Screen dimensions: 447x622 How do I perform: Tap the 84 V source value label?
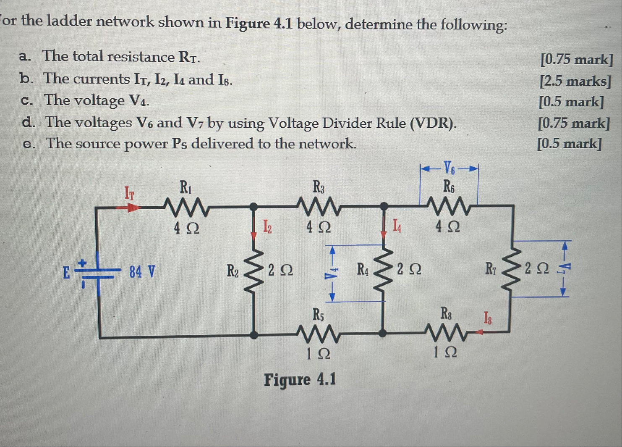point(142,272)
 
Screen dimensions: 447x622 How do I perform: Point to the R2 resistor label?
point(233,271)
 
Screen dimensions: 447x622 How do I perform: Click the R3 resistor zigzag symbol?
point(319,205)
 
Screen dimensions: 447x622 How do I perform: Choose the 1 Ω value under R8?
point(445,352)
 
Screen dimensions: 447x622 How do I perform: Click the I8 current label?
point(487,318)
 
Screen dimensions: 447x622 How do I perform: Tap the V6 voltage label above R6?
point(449,168)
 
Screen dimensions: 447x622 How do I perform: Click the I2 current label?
point(267,226)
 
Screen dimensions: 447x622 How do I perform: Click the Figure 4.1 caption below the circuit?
point(300,380)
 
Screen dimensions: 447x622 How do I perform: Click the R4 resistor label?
point(363,269)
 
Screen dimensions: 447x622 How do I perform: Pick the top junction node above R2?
point(254,207)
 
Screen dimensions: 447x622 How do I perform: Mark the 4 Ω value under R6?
point(447,227)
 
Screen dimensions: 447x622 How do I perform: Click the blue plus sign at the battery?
point(82,263)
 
